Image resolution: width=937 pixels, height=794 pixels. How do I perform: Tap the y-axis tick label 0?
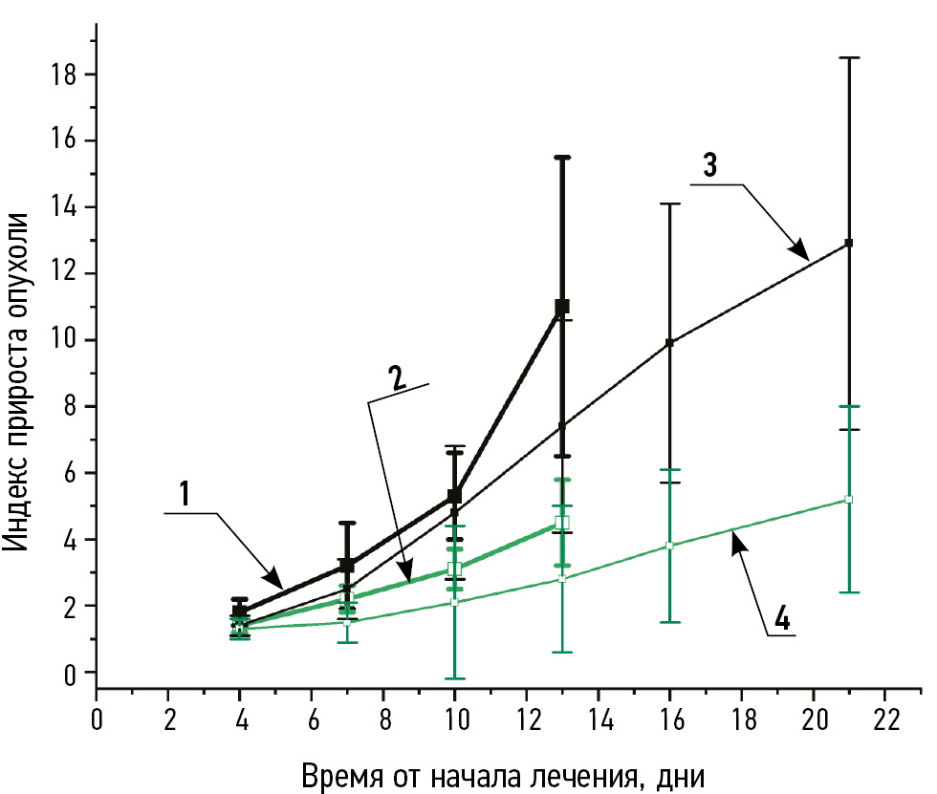(x=72, y=672)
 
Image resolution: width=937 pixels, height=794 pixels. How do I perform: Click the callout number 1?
(x=185, y=493)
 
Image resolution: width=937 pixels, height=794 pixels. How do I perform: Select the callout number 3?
(x=709, y=164)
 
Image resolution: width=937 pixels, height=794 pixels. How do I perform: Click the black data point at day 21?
(x=849, y=244)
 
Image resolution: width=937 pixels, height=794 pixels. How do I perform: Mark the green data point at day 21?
(x=849, y=499)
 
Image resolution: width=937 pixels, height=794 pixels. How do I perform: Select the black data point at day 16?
(x=669, y=342)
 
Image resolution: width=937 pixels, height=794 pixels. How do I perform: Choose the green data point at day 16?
(x=669, y=546)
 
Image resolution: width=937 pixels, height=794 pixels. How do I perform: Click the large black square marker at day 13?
(x=562, y=307)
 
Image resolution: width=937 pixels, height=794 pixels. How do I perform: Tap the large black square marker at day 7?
(x=347, y=566)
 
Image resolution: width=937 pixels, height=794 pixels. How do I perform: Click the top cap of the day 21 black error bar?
(x=849, y=58)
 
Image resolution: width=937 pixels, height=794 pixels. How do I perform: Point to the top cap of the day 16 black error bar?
(x=669, y=204)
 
